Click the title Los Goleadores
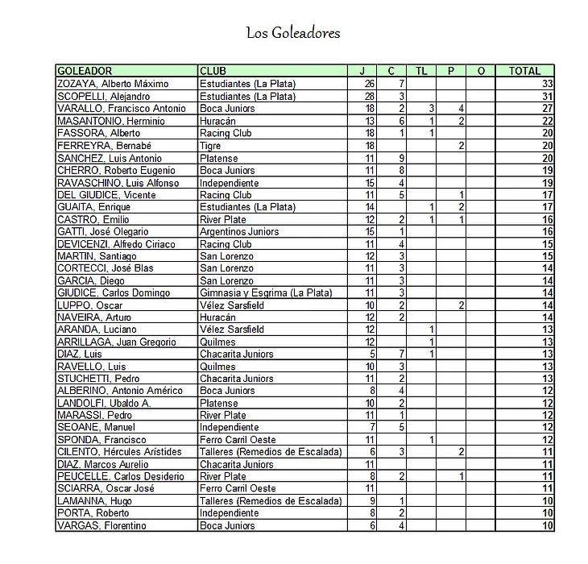293,33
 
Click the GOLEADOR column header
85,71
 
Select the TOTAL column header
525,71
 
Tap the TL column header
420,71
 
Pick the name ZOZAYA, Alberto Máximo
112,84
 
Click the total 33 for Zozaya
547,84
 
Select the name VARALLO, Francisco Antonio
121,109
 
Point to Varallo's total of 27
547,109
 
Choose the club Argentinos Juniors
238,232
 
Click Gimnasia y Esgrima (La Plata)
265,293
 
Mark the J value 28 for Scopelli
370,97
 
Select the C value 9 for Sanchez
400,158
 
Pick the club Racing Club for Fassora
226,133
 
